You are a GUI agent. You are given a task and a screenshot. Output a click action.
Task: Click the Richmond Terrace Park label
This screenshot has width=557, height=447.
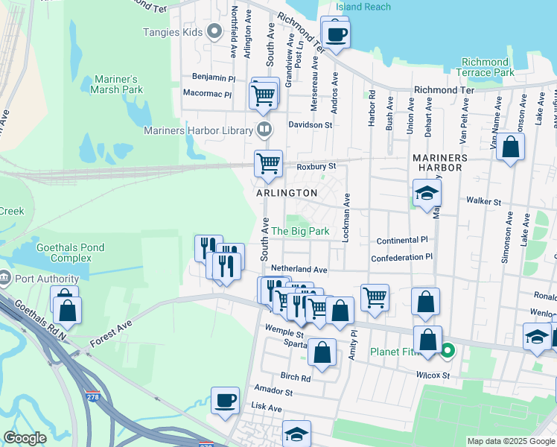pos(488,68)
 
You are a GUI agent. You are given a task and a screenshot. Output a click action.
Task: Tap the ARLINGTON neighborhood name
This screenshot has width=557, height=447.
pos(287,193)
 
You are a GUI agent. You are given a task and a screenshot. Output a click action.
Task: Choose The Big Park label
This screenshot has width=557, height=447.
pos(299,232)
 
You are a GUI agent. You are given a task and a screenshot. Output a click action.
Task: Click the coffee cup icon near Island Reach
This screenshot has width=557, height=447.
pos(335,34)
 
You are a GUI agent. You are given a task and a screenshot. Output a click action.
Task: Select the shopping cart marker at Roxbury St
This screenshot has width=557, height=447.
pos(268,163)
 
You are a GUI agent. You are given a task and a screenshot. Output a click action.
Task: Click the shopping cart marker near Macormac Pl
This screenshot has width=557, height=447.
pos(263,95)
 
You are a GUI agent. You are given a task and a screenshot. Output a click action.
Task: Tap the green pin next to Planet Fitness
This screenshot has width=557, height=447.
pos(448,349)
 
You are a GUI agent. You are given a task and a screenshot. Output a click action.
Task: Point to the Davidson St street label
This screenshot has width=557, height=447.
pos(311,125)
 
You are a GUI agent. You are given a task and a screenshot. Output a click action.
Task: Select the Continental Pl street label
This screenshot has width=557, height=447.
pos(402,241)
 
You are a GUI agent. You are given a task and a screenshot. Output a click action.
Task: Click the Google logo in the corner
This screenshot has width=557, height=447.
pos(25,439)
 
